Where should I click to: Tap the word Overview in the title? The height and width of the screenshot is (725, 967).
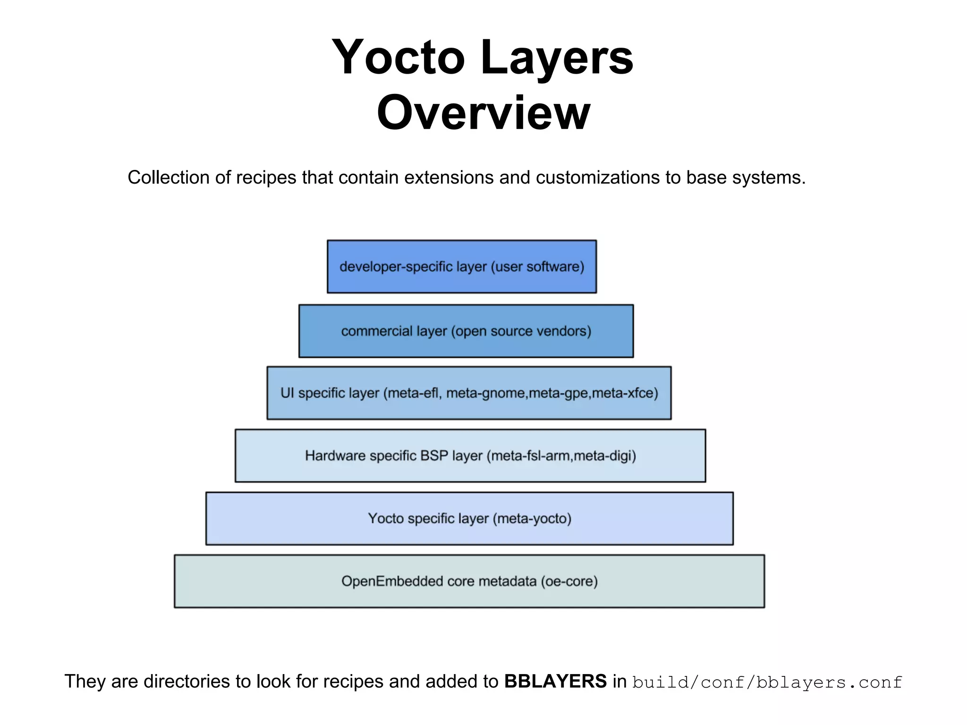[483, 113]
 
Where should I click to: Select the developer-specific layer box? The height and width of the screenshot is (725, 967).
[461, 267]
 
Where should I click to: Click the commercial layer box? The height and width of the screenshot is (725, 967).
[466, 331]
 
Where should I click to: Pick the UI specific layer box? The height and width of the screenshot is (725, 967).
[468, 393]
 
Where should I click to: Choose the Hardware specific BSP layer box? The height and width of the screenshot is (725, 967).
[470, 455]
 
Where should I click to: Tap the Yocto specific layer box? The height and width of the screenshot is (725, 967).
[469, 518]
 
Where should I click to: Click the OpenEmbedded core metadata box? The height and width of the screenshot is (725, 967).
[469, 581]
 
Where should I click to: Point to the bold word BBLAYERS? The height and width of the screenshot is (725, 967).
[555, 682]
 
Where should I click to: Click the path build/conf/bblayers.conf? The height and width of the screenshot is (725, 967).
[767, 683]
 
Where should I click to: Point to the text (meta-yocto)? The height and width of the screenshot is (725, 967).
[532, 519]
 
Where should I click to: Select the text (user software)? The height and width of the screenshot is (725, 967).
[538, 267]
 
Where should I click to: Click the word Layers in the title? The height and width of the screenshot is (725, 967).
[557, 58]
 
